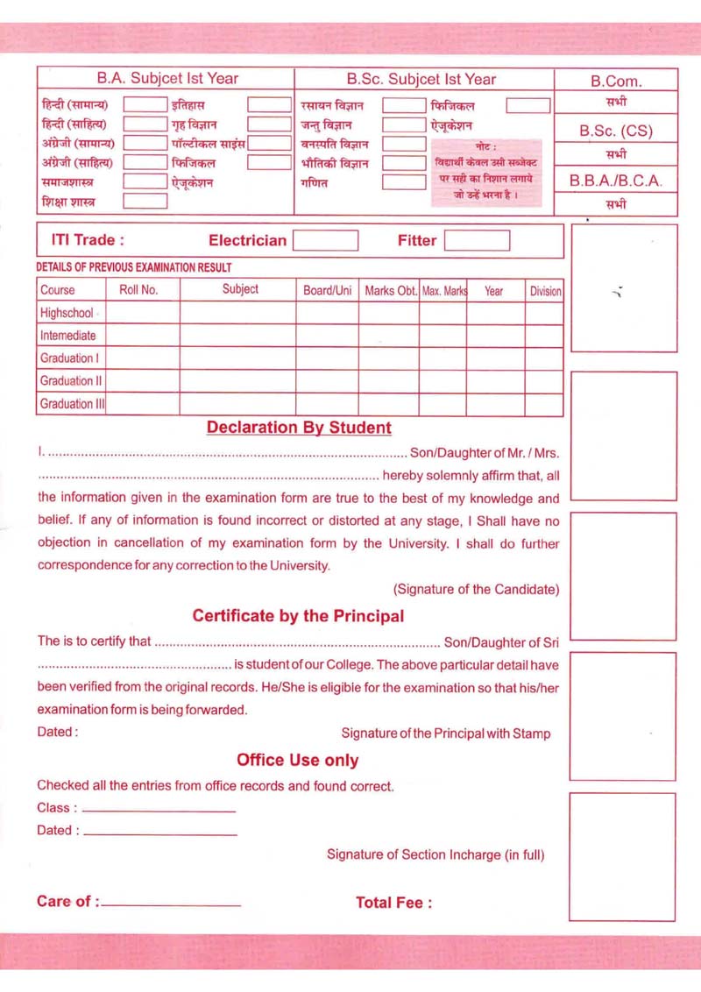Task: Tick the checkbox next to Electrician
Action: (x=325, y=240)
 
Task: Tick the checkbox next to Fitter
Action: (x=476, y=240)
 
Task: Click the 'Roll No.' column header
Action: (x=138, y=289)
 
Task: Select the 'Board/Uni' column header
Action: (x=328, y=289)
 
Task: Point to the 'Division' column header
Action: (x=545, y=290)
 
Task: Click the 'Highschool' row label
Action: (x=67, y=313)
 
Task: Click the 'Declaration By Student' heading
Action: (x=299, y=428)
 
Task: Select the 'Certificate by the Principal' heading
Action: (x=298, y=616)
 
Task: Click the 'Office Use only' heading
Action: (x=297, y=760)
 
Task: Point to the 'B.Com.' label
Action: (x=616, y=81)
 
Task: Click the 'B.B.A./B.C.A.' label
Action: (x=616, y=181)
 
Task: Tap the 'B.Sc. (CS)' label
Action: (x=616, y=131)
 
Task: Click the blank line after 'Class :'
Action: (x=159, y=810)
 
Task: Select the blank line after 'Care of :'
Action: (x=171, y=903)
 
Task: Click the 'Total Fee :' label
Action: (x=393, y=903)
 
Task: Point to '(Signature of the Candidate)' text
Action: (x=476, y=590)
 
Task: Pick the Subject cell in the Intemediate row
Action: (x=240, y=336)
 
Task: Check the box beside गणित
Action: (x=403, y=183)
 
